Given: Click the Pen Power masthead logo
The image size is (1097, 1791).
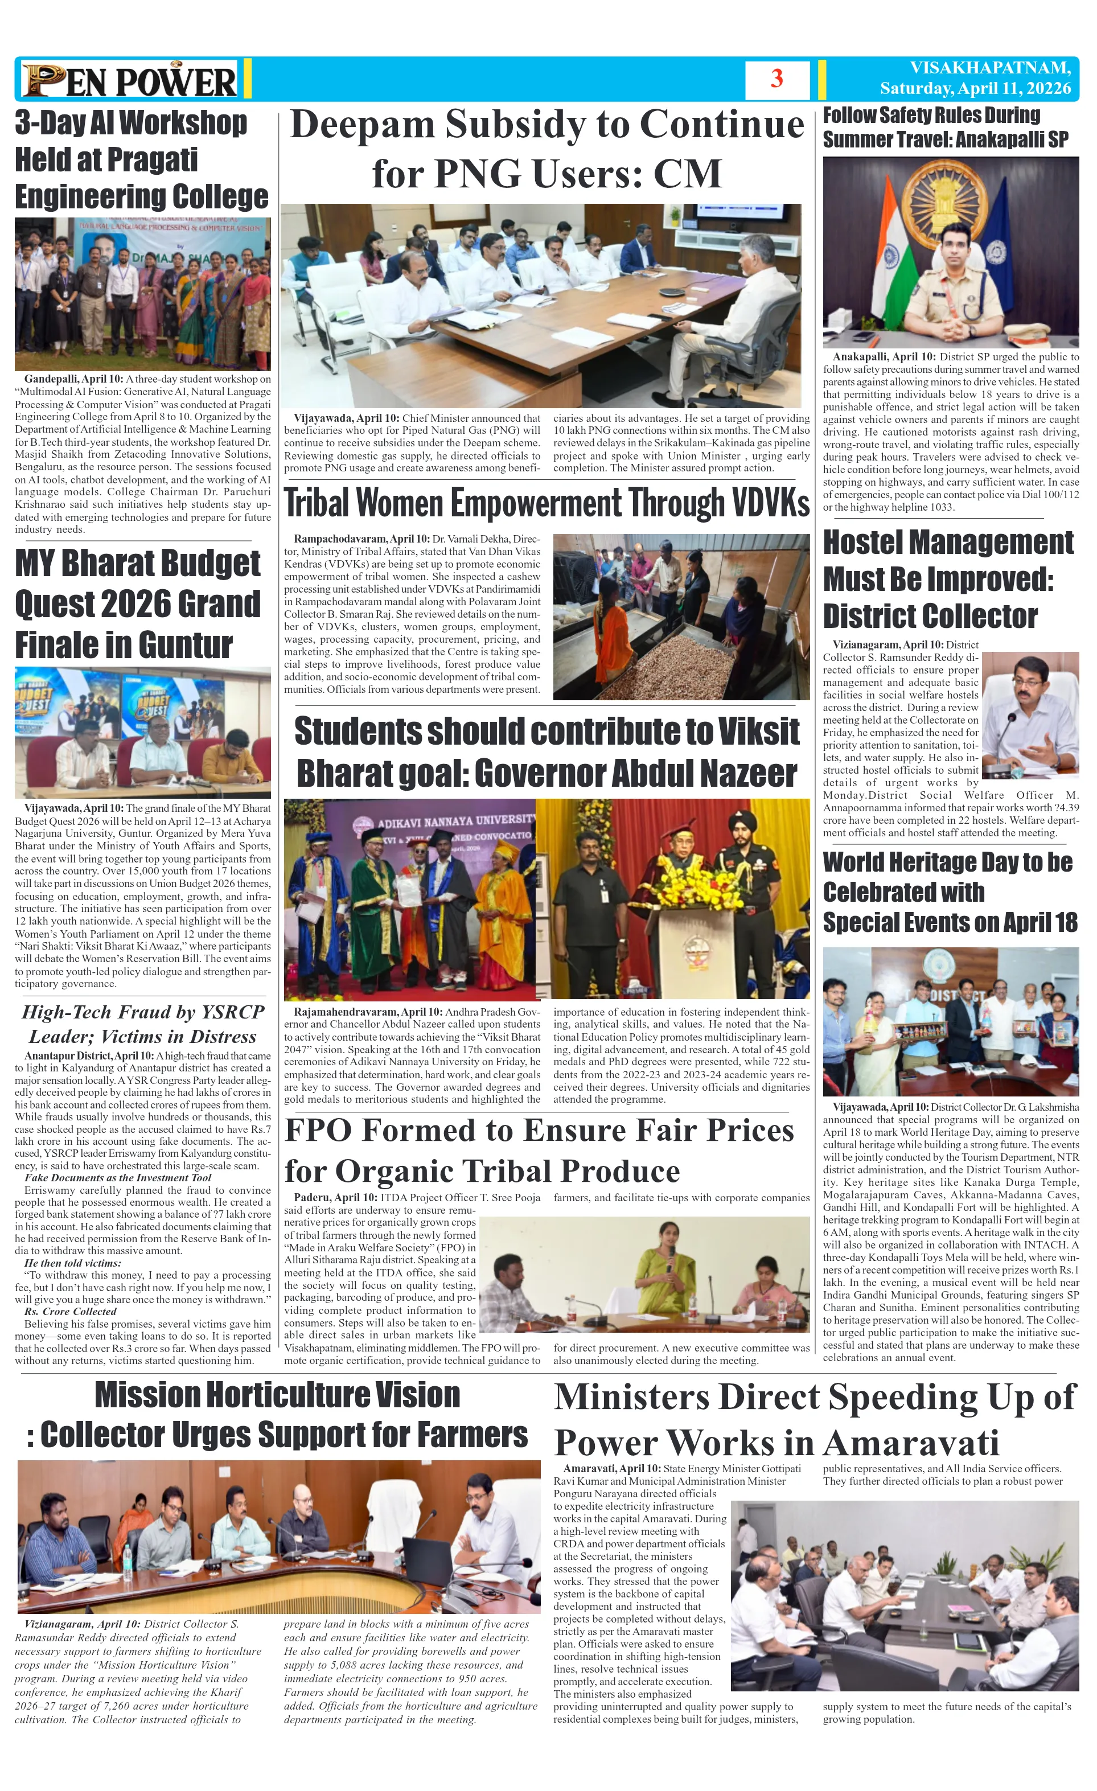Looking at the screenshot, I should click(x=129, y=80).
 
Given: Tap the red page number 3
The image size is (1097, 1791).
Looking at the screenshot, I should click(x=776, y=79).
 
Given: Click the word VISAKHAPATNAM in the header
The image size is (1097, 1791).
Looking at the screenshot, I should click(x=989, y=68).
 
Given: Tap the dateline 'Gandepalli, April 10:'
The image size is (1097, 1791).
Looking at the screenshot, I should click(x=73, y=379).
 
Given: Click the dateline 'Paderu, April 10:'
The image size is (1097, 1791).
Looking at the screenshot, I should click(x=334, y=1197).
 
